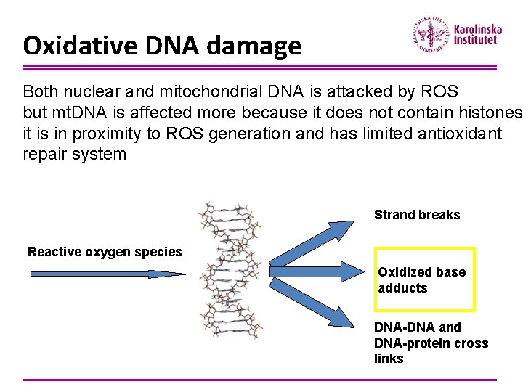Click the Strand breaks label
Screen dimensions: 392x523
pos(417,215)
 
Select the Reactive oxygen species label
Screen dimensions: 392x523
pos(105,252)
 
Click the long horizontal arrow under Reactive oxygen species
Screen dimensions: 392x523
pos(108,274)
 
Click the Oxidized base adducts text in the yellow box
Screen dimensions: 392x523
pos(422,279)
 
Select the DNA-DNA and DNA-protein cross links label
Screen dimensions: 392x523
pos(431,343)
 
